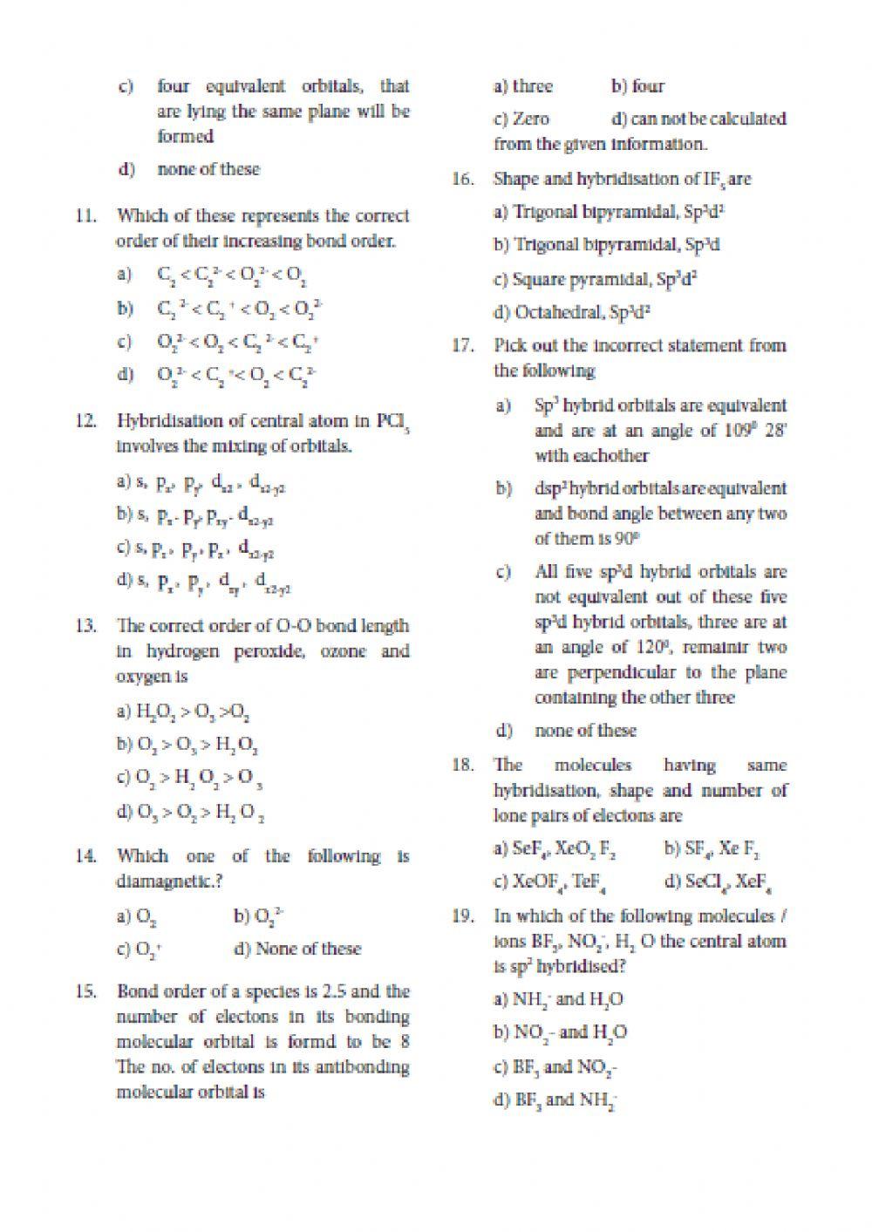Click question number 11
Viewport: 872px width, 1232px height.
point(85,216)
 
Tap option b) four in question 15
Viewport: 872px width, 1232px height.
point(637,86)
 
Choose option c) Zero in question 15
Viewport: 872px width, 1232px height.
point(521,119)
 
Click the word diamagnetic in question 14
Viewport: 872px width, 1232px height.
point(163,881)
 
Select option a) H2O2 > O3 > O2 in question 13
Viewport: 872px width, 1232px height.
point(184,712)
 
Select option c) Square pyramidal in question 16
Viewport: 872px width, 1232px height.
point(586,280)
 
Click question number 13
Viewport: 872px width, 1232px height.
point(85,626)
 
